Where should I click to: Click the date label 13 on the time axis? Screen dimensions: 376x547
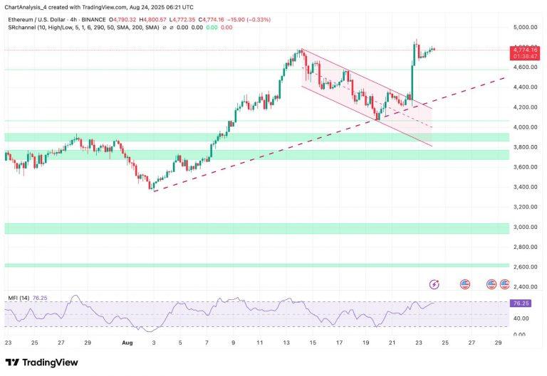286,341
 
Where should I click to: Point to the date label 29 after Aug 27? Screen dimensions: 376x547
498,341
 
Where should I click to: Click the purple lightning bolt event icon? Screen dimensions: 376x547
434,284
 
